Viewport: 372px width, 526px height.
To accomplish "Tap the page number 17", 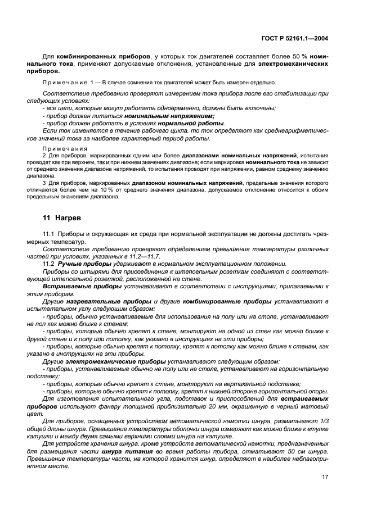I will tap(325, 477).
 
